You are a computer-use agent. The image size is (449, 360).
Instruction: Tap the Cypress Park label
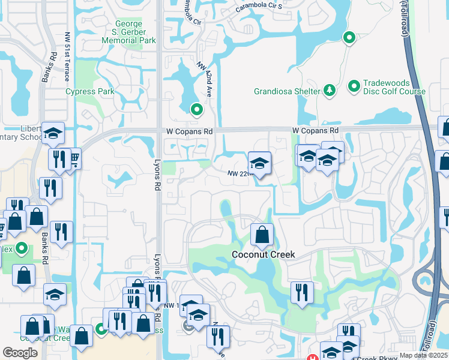point(89,92)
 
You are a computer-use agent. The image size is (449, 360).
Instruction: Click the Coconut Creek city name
point(264,254)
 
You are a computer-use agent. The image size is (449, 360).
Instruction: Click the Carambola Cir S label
point(258,7)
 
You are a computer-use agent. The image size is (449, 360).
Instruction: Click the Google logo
point(20,353)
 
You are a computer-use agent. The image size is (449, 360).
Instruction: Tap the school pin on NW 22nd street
point(259,163)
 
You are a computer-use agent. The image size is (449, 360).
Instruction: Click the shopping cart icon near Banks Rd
point(74,160)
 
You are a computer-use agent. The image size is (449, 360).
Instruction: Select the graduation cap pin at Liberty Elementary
point(53,134)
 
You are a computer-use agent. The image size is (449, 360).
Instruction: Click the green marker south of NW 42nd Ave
point(196,110)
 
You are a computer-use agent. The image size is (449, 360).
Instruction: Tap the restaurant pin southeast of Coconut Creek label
point(301,292)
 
